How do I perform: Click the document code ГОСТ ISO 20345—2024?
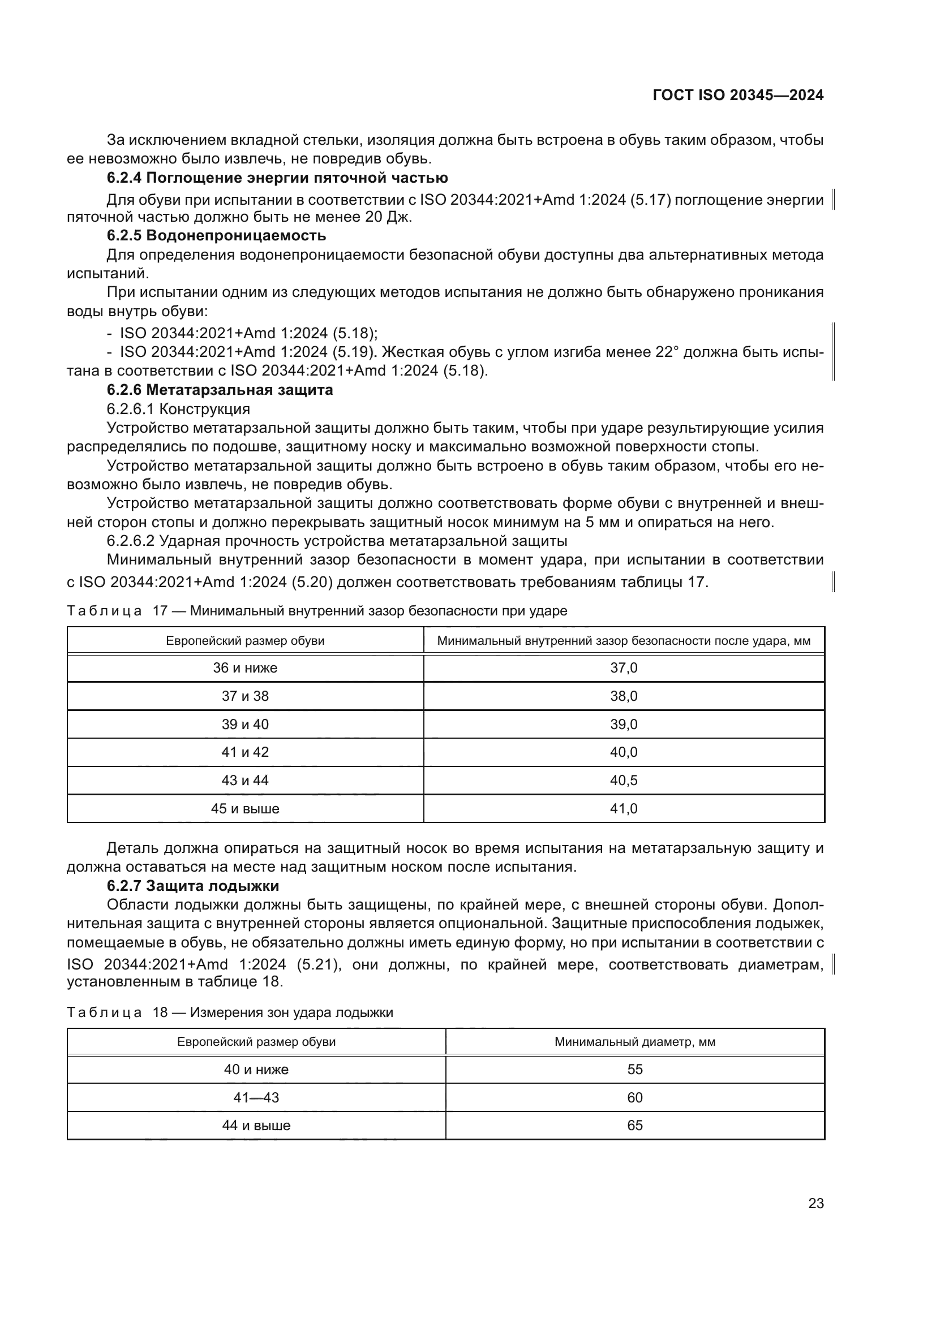(x=738, y=95)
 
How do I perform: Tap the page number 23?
(x=815, y=1204)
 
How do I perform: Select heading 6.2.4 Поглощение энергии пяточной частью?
(x=277, y=178)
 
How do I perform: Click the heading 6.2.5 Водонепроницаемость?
(x=216, y=236)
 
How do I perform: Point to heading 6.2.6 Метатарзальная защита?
(x=220, y=390)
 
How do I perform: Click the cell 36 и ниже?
(x=245, y=669)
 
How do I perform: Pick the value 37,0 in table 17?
(x=624, y=669)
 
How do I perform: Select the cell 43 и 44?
(x=245, y=781)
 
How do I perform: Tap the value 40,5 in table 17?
(x=624, y=781)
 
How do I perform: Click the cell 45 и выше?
(x=245, y=809)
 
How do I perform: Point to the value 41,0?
(x=624, y=809)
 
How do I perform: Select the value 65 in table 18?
(x=634, y=1126)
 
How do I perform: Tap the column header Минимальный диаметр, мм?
(x=634, y=1042)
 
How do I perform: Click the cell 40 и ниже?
(x=256, y=1070)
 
